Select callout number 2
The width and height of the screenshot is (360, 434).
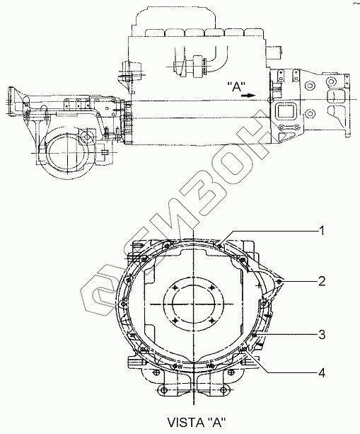pos(322,282)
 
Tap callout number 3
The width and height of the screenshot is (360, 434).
pos(322,335)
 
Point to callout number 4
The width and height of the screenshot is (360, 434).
pos(322,373)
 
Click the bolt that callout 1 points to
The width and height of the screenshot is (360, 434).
pos(219,245)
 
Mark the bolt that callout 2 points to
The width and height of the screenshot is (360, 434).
pos(279,282)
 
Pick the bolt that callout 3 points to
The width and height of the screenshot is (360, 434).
pos(255,335)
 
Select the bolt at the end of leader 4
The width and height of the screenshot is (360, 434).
pos(245,349)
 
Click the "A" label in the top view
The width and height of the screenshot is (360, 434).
pos(237,87)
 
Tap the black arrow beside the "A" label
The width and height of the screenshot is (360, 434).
pos(248,95)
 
